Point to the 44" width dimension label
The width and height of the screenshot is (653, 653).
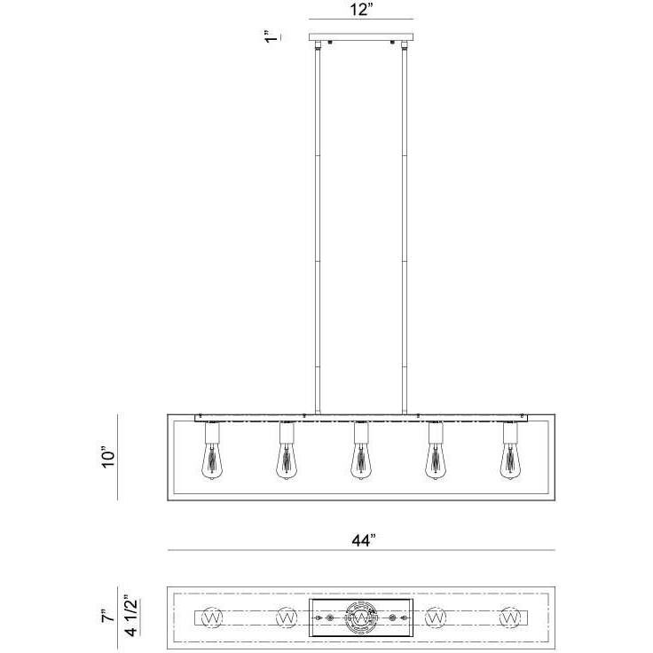[x=362, y=539]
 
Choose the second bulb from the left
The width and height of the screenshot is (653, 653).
[x=286, y=460]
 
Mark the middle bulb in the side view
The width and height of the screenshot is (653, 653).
[x=360, y=460]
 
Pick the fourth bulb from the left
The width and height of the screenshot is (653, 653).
[x=436, y=460]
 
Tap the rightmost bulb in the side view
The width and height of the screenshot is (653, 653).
[x=510, y=460]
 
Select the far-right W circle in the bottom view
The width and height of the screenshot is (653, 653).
[x=510, y=615]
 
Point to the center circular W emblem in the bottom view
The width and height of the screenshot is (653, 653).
[x=361, y=615]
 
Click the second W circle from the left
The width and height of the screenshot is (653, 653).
[x=286, y=615]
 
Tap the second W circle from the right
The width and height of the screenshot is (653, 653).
[x=436, y=615]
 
